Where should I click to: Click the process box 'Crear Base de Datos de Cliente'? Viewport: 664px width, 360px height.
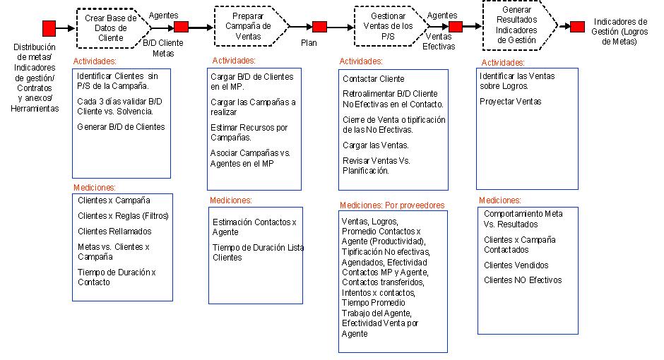[113, 28]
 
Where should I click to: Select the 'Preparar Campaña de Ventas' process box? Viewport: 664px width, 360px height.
[251, 26]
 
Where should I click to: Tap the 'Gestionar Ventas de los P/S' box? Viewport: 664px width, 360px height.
[390, 26]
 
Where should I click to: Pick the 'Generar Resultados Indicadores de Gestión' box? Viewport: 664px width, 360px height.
[519, 25]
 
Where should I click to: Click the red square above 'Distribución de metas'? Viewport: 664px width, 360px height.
[49, 28]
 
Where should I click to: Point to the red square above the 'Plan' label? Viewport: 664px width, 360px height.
[320, 27]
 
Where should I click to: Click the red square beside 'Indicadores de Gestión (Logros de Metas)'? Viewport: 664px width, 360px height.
[577, 27]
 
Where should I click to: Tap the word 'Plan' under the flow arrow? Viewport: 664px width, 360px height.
[309, 43]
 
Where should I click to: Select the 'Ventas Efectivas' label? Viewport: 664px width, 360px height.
[439, 42]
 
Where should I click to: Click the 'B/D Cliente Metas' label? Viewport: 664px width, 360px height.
[163, 48]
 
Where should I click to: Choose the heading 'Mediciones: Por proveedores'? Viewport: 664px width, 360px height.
[392, 205]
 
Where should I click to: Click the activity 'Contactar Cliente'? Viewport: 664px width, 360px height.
[374, 78]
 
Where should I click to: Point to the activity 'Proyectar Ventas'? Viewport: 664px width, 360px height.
[510, 102]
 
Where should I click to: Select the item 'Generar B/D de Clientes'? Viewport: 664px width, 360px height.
[121, 127]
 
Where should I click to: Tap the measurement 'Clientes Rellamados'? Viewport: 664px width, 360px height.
[114, 232]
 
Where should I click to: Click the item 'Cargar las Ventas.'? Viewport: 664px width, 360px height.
[376, 145]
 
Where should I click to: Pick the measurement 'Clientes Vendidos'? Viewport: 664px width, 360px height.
[516, 265]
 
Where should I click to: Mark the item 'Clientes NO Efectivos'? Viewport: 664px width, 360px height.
[523, 280]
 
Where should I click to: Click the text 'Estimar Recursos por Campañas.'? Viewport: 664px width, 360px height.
[249, 133]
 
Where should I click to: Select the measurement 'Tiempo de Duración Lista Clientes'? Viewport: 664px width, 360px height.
[259, 253]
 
